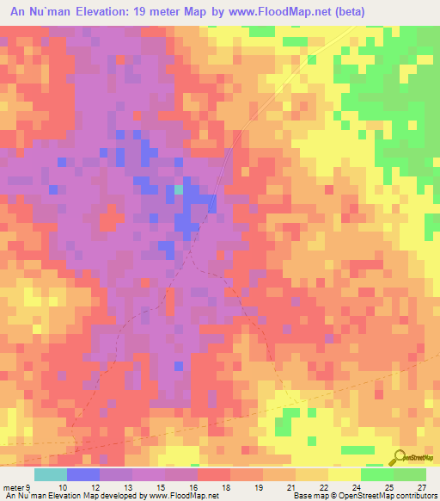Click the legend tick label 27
(420, 486)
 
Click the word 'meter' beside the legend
(13, 486)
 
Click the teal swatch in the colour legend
(51, 474)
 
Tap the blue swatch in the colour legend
(83, 474)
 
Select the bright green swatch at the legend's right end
(410, 474)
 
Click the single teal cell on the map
(179, 189)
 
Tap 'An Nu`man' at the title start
(40, 12)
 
